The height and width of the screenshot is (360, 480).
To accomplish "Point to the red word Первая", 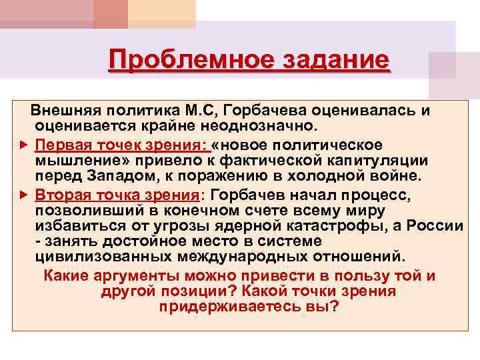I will click(60, 144).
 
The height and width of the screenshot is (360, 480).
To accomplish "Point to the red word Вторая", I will click(61, 194).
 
